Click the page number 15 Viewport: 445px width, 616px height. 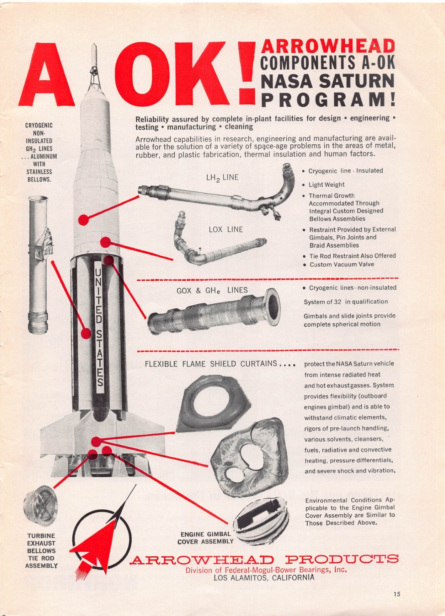click(x=397, y=594)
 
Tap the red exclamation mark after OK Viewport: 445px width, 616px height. click(x=246, y=73)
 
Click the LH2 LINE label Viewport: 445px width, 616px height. click(x=222, y=178)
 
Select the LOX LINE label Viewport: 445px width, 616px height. click(x=226, y=229)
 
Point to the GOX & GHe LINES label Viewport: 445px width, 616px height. click(x=212, y=290)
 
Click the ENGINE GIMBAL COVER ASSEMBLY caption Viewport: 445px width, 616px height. click(x=206, y=538)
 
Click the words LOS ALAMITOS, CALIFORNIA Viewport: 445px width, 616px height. click(x=264, y=578)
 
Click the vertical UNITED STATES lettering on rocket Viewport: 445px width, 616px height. click(x=99, y=327)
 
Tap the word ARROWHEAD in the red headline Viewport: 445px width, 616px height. click(x=328, y=46)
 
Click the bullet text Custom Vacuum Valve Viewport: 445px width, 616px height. click(x=341, y=264)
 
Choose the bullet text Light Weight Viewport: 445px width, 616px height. click(x=326, y=185)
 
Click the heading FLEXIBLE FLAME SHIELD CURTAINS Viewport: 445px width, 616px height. click(x=211, y=364)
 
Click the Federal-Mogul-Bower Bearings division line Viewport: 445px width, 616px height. click(x=266, y=570)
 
